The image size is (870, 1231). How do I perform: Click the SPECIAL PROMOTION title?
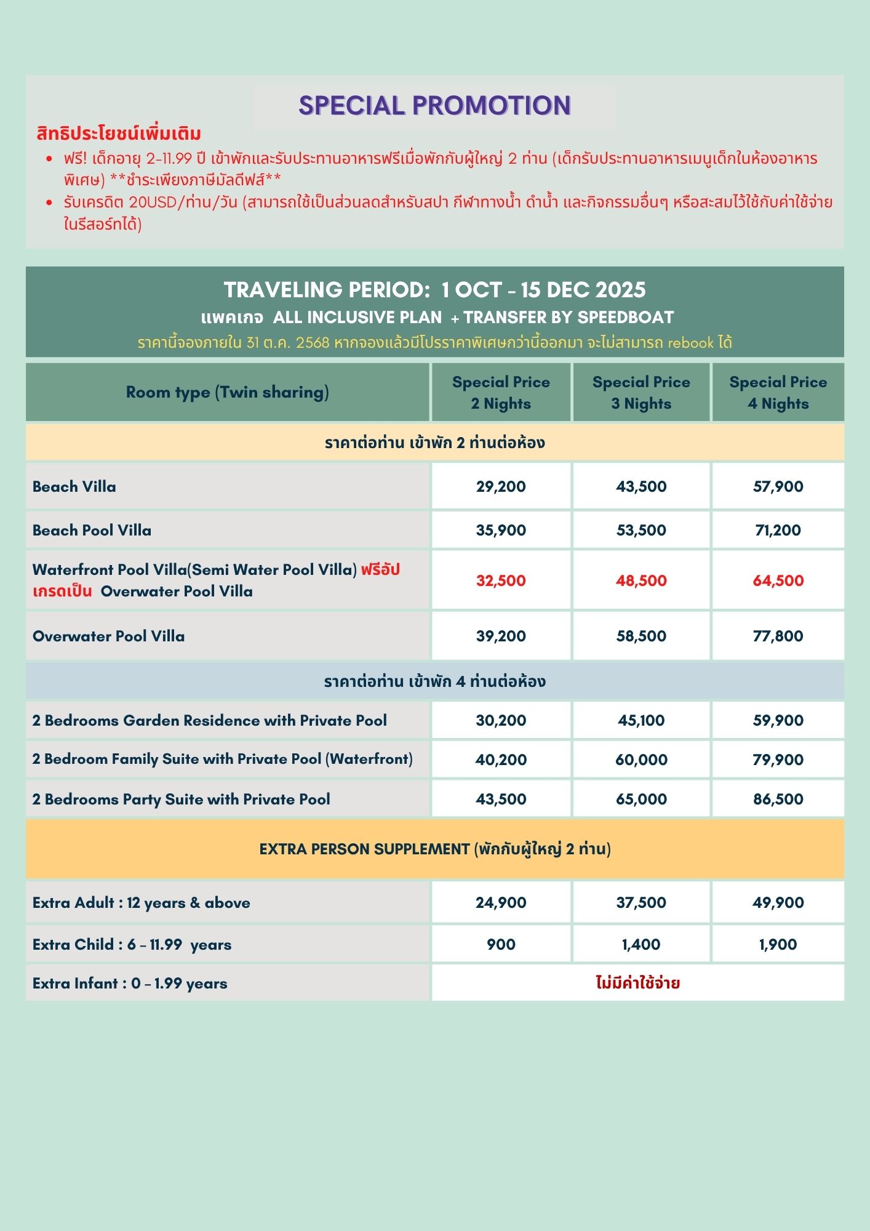pyautogui.click(x=434, y=106)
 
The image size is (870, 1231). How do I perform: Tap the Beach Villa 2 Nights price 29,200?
pyautogui.click(x=501, y=486)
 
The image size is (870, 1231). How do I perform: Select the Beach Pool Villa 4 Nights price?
pyautogui.click(x=778, y=530)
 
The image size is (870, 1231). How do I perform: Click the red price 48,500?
pyautogui.click(x=641, y=580)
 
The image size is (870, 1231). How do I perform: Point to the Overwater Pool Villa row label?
pyautogui.click(x=109, y=636)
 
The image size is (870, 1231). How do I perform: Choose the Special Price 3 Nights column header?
pyautogui.click(x=641, y=393)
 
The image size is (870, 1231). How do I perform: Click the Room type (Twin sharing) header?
pyautogui.click(x=227, y=392)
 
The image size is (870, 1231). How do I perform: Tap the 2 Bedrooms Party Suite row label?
pyautogui.click(x=182, y=799)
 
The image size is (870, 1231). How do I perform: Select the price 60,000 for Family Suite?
pyautogui.click(x=641, y=760)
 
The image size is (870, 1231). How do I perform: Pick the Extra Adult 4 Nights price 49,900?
pyautogui.click(x=778, y=902)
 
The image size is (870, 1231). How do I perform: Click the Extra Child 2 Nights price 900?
pyautogui.click(x=501, y=944)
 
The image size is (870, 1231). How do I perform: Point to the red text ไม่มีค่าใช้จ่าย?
pyautogui.click(x=637, y=982)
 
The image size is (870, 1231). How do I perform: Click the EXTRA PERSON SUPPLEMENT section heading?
pyautogui.click(x=434, y=849)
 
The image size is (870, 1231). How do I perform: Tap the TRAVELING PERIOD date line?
pyautogui.click(x=434, y=290)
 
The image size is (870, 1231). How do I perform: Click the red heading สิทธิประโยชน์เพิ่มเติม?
pyautogui.click(x=119, y=134)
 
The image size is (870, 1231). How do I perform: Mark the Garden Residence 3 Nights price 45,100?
pyautogui.click(x=641, y=720)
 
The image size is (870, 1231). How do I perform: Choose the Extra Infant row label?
pyautogui.click(x=130, y=983)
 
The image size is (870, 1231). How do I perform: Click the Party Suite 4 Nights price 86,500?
pyautogui.click(x=778, y=799)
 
